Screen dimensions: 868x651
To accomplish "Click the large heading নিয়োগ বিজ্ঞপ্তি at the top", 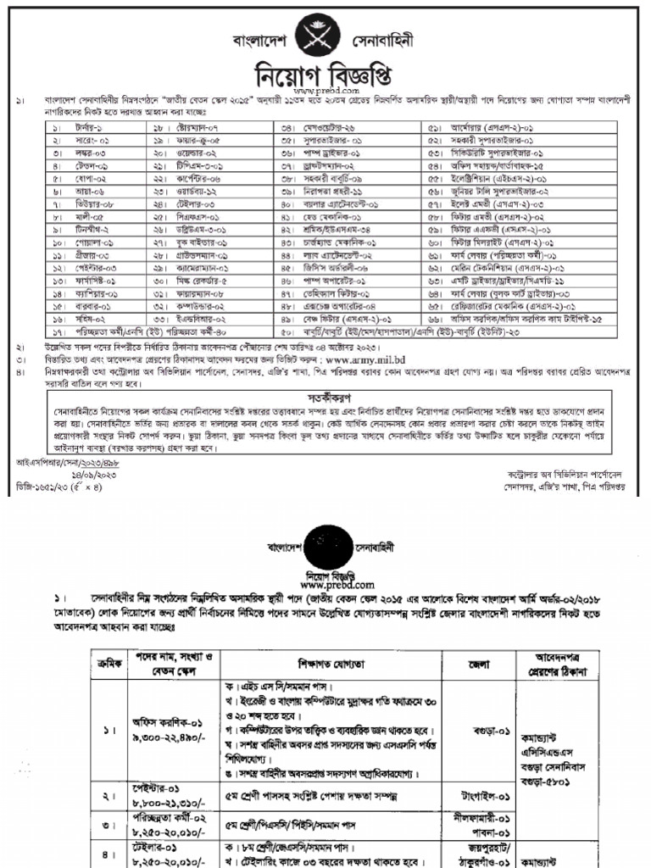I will tap(325, 72).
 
